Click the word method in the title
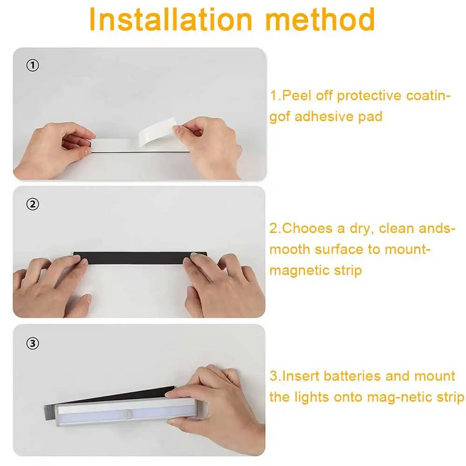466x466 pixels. click(x=320, y=19)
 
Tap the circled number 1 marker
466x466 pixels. click(x=33, y=65)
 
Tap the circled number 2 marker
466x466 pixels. click(x=33, y=204)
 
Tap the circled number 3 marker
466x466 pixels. click(x=33, y=343)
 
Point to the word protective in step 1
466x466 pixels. click(x=369, y=96)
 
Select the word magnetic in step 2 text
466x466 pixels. click(x=299, y=271)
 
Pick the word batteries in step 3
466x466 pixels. click(x=352, y=376)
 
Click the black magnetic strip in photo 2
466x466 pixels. click(x=140, y=258)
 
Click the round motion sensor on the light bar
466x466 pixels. click(x=128, y=414)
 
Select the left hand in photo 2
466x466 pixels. click(x=52, y=287)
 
